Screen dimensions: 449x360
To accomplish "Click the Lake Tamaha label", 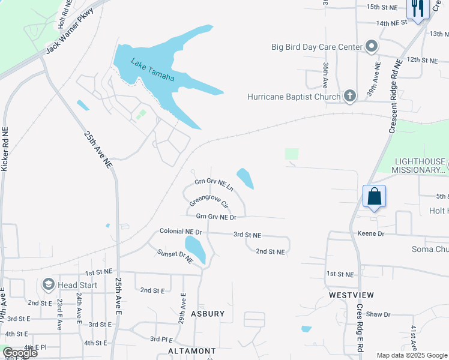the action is (153, 70).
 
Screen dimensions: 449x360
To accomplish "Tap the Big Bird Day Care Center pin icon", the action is (372, 46).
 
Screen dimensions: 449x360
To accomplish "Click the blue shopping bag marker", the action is (374, 197).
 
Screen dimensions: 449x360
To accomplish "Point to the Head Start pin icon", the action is (48, 284).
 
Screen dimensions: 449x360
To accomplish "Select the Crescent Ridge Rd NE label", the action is (395, 96).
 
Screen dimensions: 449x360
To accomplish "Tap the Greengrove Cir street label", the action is (209, 200).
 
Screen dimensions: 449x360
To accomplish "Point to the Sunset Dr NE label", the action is (175, 256).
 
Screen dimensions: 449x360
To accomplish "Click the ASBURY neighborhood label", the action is (208, 314).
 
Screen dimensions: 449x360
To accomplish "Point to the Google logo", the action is (19, 353).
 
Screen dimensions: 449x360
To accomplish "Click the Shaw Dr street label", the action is (378, 314).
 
